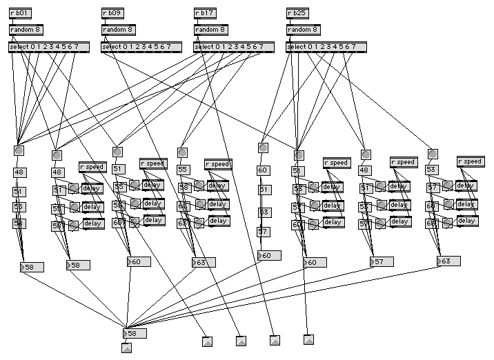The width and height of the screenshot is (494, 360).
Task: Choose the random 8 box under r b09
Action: pyautogui.click(x=119, y=30)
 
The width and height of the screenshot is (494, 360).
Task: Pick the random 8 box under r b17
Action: pyautogui.click(x=211, y=30)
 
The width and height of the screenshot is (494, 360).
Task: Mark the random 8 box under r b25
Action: pyautogui.click(x=304, y=30)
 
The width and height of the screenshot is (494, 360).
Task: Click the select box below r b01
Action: pyautogui.click(x=49, y=47)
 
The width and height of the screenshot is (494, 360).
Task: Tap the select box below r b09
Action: pyautogui.click(x=141, y=47)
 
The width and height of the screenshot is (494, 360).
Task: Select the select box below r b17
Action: pyautogui.click(x=234, y=47)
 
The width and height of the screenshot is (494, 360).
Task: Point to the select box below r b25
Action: pyautogui.click(x=326, y=47)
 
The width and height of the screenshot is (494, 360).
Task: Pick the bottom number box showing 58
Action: pyautogui.click(x=135, y=333)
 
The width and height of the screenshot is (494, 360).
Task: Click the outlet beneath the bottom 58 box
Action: pyautogui.click(x=126, y=348)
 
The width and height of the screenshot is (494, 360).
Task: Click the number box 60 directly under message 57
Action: pyautogui.click(x=269, y=256)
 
